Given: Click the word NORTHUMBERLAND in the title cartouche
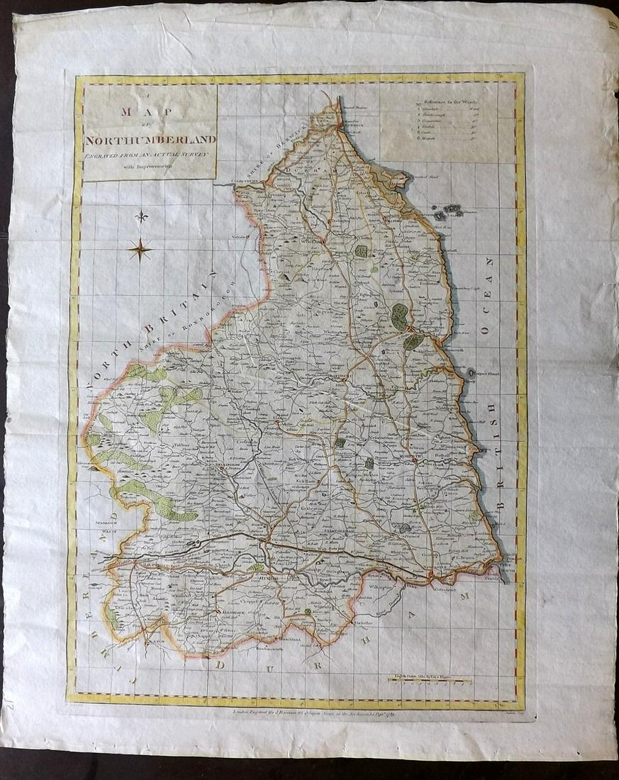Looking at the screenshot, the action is point(150,140).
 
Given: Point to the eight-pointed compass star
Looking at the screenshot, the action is point(140,249).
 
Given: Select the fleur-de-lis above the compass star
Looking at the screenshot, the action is point(142,217).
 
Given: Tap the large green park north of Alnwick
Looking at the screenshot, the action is point(399,316).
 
